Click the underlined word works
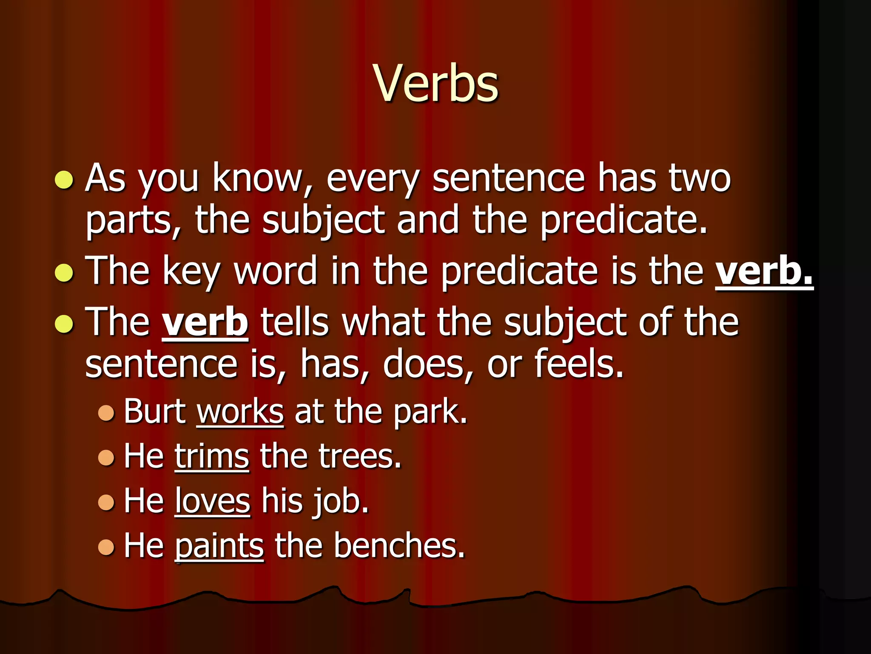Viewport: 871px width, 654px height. click(x=240, y=412)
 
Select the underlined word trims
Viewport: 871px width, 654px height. click(x=211, y=457)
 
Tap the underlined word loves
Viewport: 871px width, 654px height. click(x=212, y=502)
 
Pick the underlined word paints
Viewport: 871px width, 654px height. click(x=219, y=547)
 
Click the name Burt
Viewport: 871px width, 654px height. click(x=154, y=412)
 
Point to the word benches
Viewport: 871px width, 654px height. click(x=398, y=546)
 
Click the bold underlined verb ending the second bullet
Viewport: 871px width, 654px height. click(x=764, y=271)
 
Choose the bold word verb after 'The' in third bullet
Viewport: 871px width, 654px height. click(x=205, y=322)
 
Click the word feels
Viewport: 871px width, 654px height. click(x=578, y=364)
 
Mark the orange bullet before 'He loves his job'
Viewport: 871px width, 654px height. click(x=106, y=502)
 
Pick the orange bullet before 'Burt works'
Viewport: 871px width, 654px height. click(x=106, y=413)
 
